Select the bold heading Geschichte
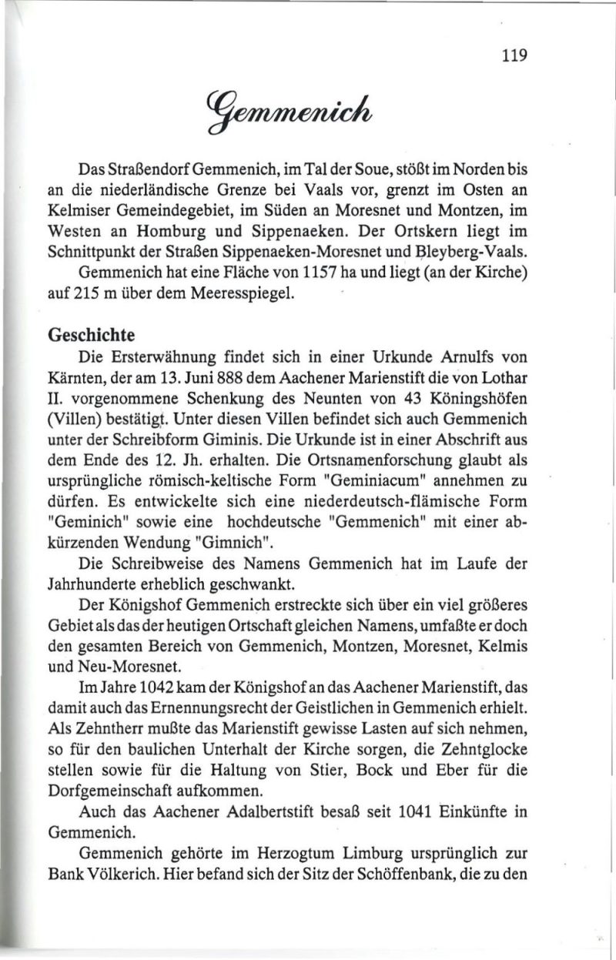(x=92, y=336)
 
